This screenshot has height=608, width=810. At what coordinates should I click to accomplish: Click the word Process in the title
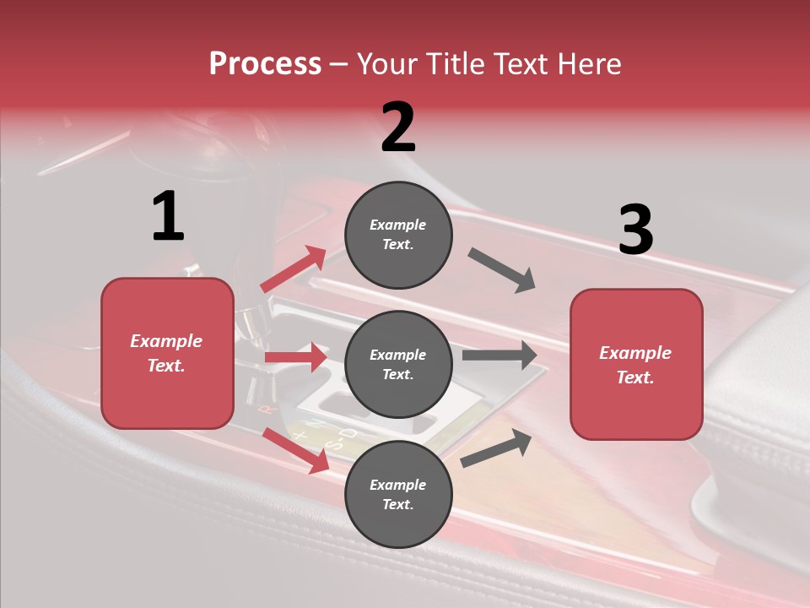point(265,64)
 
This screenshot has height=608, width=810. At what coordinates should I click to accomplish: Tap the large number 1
point(168,216)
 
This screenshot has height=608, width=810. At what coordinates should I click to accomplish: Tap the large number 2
point(398,128)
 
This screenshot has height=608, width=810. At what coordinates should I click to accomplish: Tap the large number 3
point(635,231)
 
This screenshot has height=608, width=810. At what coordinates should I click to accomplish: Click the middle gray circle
point(398,364)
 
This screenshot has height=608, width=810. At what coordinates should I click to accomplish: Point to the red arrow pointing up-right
point(294,269)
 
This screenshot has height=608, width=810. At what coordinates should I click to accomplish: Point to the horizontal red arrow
point(295,357)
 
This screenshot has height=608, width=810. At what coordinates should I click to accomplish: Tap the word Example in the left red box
point(166,341)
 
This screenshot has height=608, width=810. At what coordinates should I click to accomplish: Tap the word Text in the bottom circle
point(397,504)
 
